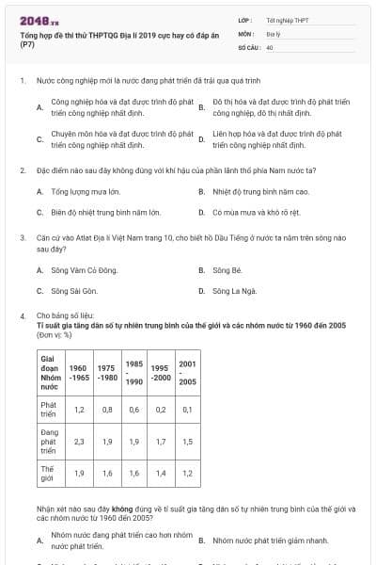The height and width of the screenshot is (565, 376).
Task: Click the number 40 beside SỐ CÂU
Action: (x=270, y=46)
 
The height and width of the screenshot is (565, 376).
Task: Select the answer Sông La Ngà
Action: (x=232, y=291)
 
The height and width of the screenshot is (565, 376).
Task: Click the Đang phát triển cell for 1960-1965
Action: (x=79, y=441)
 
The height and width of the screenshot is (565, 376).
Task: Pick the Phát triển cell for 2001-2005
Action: (x=187, y=410)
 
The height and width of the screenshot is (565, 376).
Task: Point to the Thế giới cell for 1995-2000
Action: (x=161, y=473)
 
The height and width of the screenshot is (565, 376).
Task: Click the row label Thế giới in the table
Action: (x=48, y=473)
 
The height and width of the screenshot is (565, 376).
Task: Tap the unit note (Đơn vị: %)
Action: (x=55, y=334)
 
